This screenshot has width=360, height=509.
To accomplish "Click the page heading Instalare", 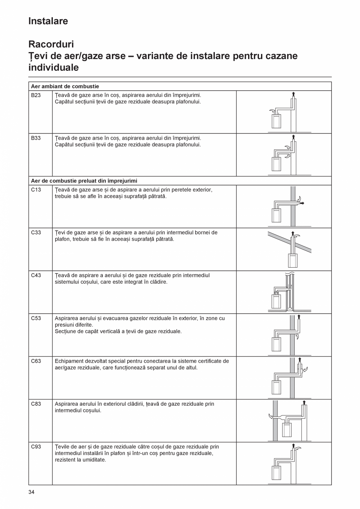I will click(48, 21).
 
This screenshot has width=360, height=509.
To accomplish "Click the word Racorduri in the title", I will click(51, 44).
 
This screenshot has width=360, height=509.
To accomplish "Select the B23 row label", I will click(36, 95).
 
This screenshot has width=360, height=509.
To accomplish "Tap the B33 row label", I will click(36, 138).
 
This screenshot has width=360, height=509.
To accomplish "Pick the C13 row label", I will click(36, 190).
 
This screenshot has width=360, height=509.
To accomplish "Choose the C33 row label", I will click(36, 232).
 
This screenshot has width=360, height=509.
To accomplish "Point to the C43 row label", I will click(36, 275).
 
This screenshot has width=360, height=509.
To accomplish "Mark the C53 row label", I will click(36, 318).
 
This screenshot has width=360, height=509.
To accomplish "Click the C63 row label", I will click(36, 361).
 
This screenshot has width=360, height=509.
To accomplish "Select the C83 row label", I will click(36, 404).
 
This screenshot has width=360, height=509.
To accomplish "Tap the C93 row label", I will click(36, 447).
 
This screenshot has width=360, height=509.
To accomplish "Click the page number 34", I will click(32, 492).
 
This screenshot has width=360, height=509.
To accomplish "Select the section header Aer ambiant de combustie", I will click(65, 86).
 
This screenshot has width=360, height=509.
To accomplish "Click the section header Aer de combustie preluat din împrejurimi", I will click(84, 181).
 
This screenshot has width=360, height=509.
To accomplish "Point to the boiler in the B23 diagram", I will click(276, 122).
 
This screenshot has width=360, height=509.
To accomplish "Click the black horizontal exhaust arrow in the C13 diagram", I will click(302, 203).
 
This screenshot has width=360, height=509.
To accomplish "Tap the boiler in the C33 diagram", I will click(293, 260).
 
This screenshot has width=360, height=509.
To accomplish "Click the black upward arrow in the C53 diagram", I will click(299, 317).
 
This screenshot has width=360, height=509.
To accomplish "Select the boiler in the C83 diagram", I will click(287, 430).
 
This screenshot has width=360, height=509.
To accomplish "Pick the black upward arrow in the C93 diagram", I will click(293, 446).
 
